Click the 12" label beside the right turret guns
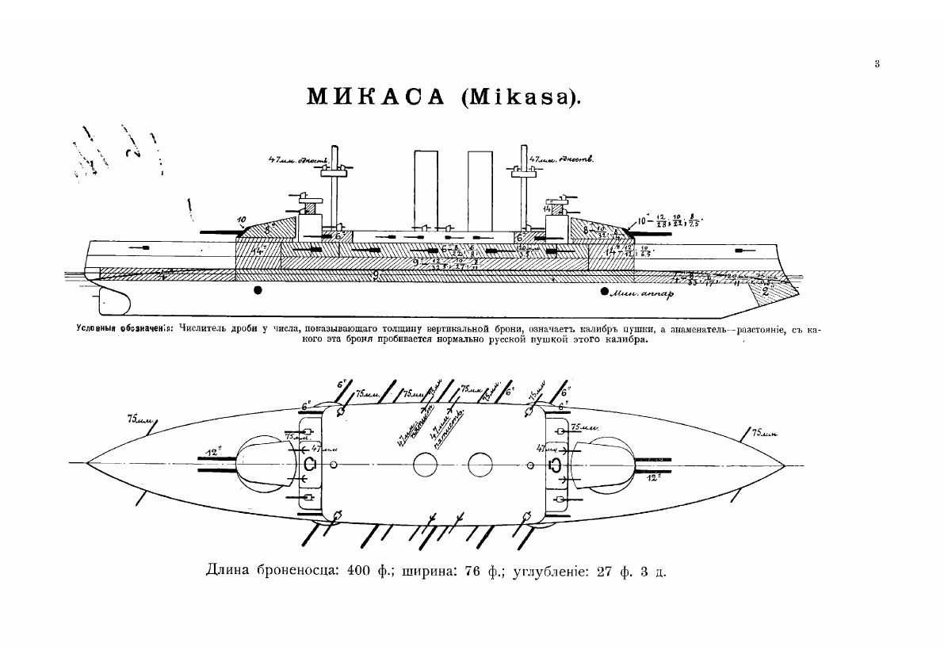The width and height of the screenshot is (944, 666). tap(652, 479)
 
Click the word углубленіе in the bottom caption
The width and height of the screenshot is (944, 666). tap(551, 572)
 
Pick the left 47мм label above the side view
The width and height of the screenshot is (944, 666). tap(293, 162)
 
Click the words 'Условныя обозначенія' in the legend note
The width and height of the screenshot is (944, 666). tap(124, 329)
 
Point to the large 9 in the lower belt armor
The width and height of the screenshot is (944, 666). tap(376, 274)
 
